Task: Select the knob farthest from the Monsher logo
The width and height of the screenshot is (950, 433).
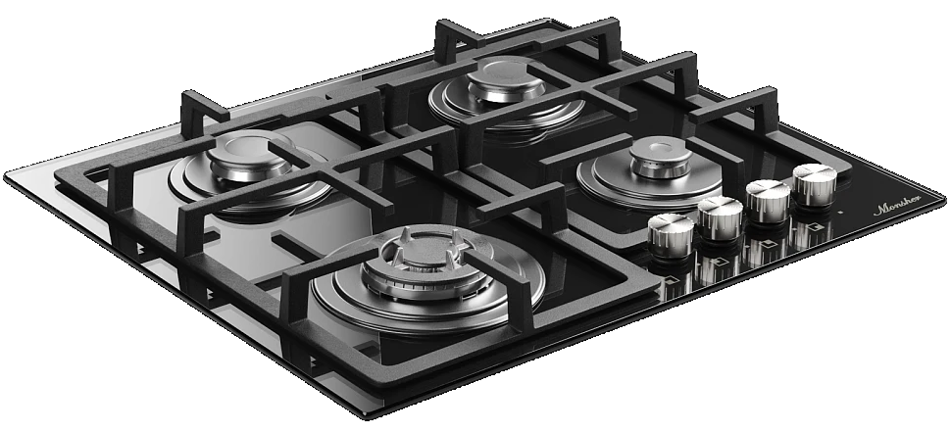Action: tap(671, 231)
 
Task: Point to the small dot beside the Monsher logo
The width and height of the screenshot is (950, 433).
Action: tap(839, 212)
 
